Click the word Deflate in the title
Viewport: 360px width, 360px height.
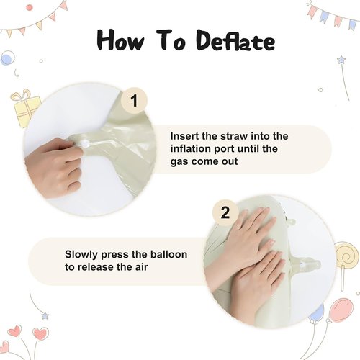click(x=235, y=40)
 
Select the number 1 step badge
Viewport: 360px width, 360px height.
click(x=134, y=101)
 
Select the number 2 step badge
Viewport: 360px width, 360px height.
click(x=225, y=212)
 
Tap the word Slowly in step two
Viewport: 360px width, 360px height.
click(x=81, y=255)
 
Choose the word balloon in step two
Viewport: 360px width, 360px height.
click(x=168, y=254)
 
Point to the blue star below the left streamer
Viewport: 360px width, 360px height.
click(x=45, y=315)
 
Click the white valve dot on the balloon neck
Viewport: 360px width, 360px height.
click(x=86, y=144)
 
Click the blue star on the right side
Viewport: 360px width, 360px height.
click(x=341, y=60)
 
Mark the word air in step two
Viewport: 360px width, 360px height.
click(x=141, y=267)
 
